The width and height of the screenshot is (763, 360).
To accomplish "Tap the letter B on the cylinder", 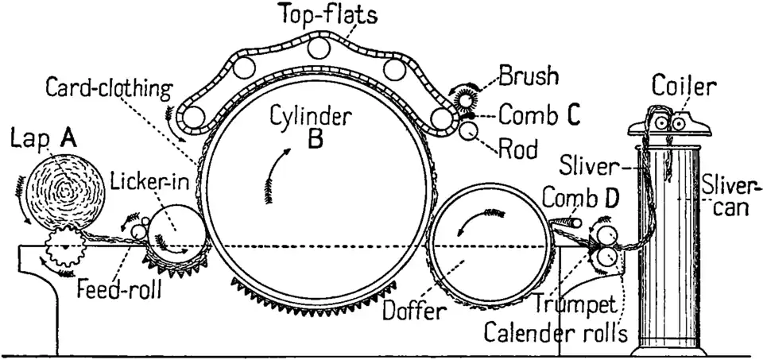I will [315, 141].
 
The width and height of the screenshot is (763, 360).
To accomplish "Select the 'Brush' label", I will [529, 77].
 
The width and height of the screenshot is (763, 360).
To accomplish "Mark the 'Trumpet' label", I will [567, 304].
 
